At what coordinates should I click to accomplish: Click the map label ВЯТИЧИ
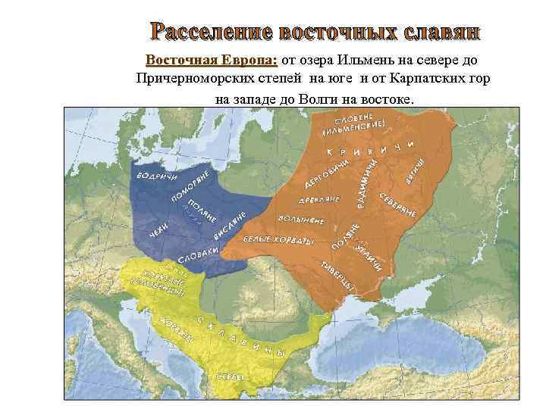(x=416, y=165)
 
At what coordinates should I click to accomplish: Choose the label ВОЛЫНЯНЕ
(x=305, y=221)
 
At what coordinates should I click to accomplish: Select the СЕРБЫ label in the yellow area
(x=231, y=376)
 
